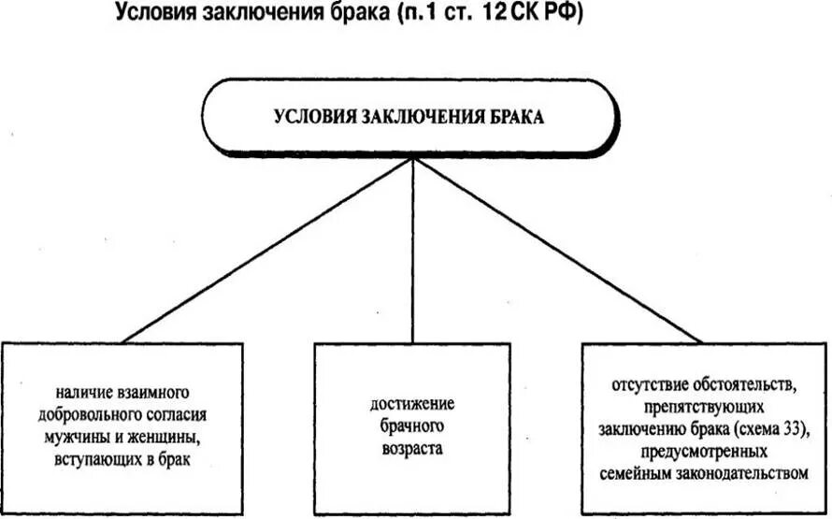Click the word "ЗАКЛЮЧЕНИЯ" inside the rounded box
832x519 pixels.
pos(418,117)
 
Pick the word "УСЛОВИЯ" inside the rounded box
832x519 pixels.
pos(312,117)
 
